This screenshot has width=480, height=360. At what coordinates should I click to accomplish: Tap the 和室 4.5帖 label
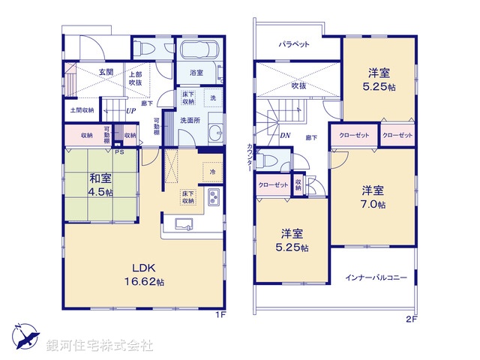point(100,185)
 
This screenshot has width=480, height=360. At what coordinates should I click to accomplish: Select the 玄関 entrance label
point(106,72)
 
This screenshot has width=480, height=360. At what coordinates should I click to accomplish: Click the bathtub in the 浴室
point(199,52)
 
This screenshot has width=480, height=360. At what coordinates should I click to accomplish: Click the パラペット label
point(295,45)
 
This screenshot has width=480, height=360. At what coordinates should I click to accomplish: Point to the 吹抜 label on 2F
point(298,85)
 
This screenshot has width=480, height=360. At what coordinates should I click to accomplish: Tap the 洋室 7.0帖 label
point(373,196)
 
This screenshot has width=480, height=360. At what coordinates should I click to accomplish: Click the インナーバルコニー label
point(376,277)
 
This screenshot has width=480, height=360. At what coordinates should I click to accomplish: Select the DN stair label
point(285,136)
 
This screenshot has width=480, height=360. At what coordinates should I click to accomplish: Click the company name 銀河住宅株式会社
point(100,346)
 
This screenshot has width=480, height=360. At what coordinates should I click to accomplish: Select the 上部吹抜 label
point(136,79)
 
